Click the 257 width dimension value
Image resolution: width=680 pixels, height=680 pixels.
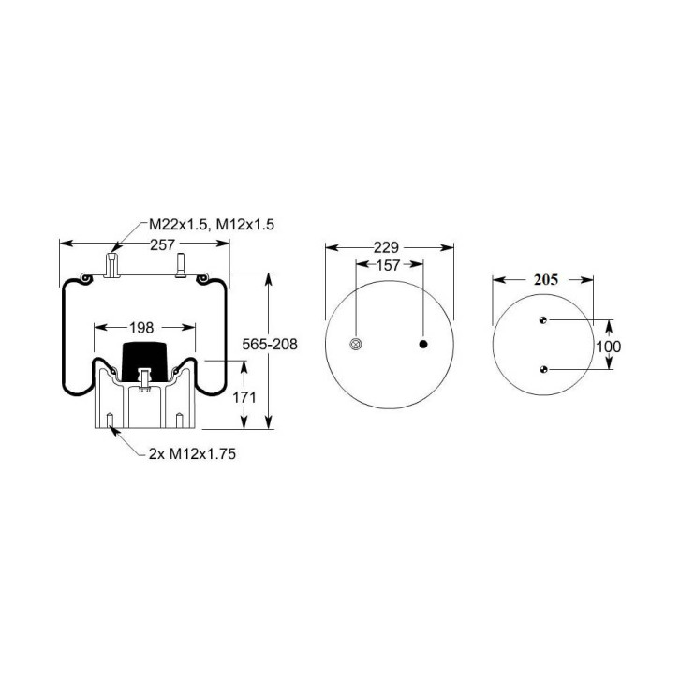[x=162, y=245]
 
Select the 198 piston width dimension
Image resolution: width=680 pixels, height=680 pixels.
[x=141, y=328]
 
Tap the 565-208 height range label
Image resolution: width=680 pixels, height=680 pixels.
[x=270, y=345]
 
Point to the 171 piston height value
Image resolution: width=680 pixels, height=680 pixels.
[x=244, y=397]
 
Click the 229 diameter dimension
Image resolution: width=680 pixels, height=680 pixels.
[x=386, y=247]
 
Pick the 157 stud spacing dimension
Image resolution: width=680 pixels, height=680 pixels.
[x=388, y=265]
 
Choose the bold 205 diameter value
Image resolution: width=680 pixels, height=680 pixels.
[x=546, y=280]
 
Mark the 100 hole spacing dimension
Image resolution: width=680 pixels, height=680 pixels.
[x=609, y=347]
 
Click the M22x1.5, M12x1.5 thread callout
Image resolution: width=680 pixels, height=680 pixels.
[x=212, y=225]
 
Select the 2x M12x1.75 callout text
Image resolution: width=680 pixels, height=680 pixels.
[x=192, y=454]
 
